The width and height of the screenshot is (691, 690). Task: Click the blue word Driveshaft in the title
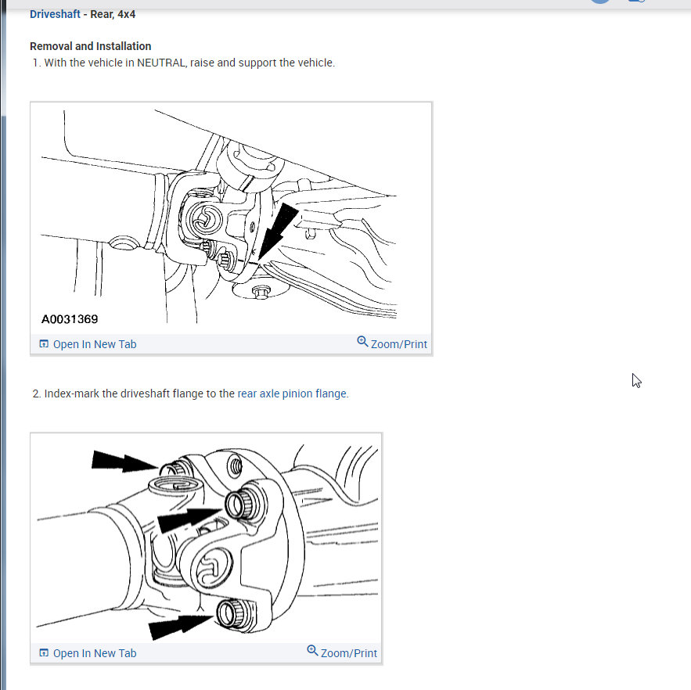point(55,14)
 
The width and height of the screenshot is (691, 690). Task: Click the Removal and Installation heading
point(90,46)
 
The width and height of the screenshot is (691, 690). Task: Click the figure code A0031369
point(70,319)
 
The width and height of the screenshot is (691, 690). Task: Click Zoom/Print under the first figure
point(398,344)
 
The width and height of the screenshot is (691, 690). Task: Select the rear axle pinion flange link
point(292,394)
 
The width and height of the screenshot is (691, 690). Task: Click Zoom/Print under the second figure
point(348,653)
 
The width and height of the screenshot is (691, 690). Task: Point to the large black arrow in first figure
point(278,229)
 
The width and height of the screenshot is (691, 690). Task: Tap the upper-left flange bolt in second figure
point(174,470)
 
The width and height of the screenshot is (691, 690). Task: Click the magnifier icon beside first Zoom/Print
point(362,342)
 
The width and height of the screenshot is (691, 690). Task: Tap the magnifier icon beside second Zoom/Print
point(312,651)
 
